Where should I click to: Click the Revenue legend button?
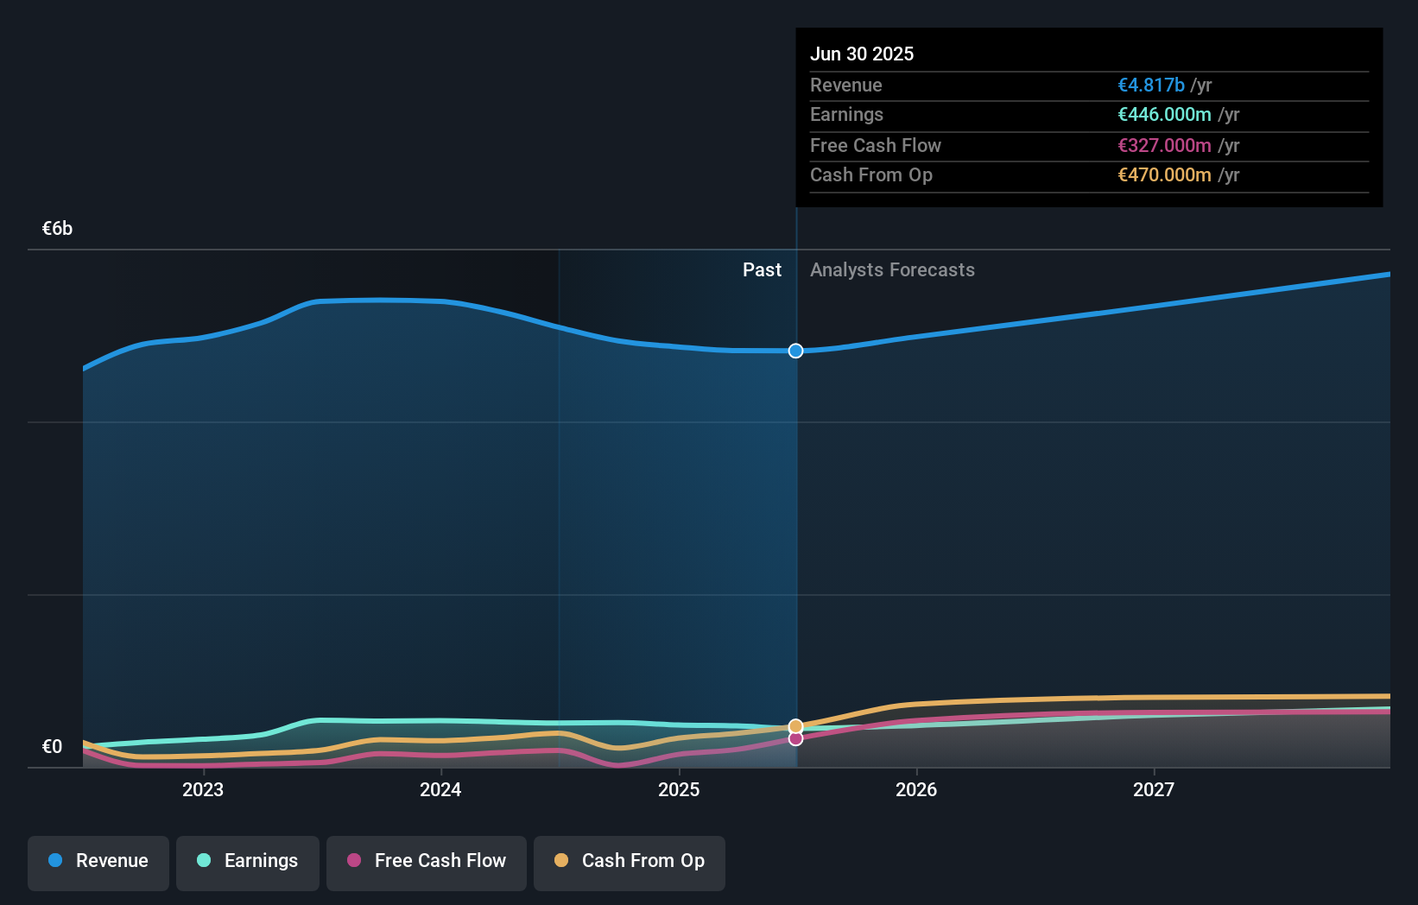tap(98, 861)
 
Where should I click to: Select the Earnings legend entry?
tap(248, 861)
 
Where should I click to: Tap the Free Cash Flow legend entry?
tap(427, 861)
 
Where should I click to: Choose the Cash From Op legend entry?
tap(630, 861)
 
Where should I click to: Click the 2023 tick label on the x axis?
tap(203, 789)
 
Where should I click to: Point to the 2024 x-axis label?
tap(440, 789)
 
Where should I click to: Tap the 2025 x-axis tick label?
tap(679, 789)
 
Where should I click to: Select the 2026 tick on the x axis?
tap(916, 789)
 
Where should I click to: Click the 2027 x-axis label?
tap(1154, 789)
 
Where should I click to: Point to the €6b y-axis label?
tap(58, 229)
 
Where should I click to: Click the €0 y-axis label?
tap(53, 747)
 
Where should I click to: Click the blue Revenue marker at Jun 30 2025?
tap(796, 351)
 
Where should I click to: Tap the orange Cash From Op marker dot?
tap(796, 726)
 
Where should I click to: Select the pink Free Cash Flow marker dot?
tap(796, 738)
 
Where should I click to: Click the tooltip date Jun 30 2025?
tap(862, 54)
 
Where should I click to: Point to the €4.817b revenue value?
tap(1151, 85)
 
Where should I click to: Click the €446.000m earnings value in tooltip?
tap(1164, 114)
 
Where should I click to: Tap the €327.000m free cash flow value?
tap(1164, 145)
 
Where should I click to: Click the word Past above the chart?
tap(762, 270)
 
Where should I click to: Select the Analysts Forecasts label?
tap(892, 270)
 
